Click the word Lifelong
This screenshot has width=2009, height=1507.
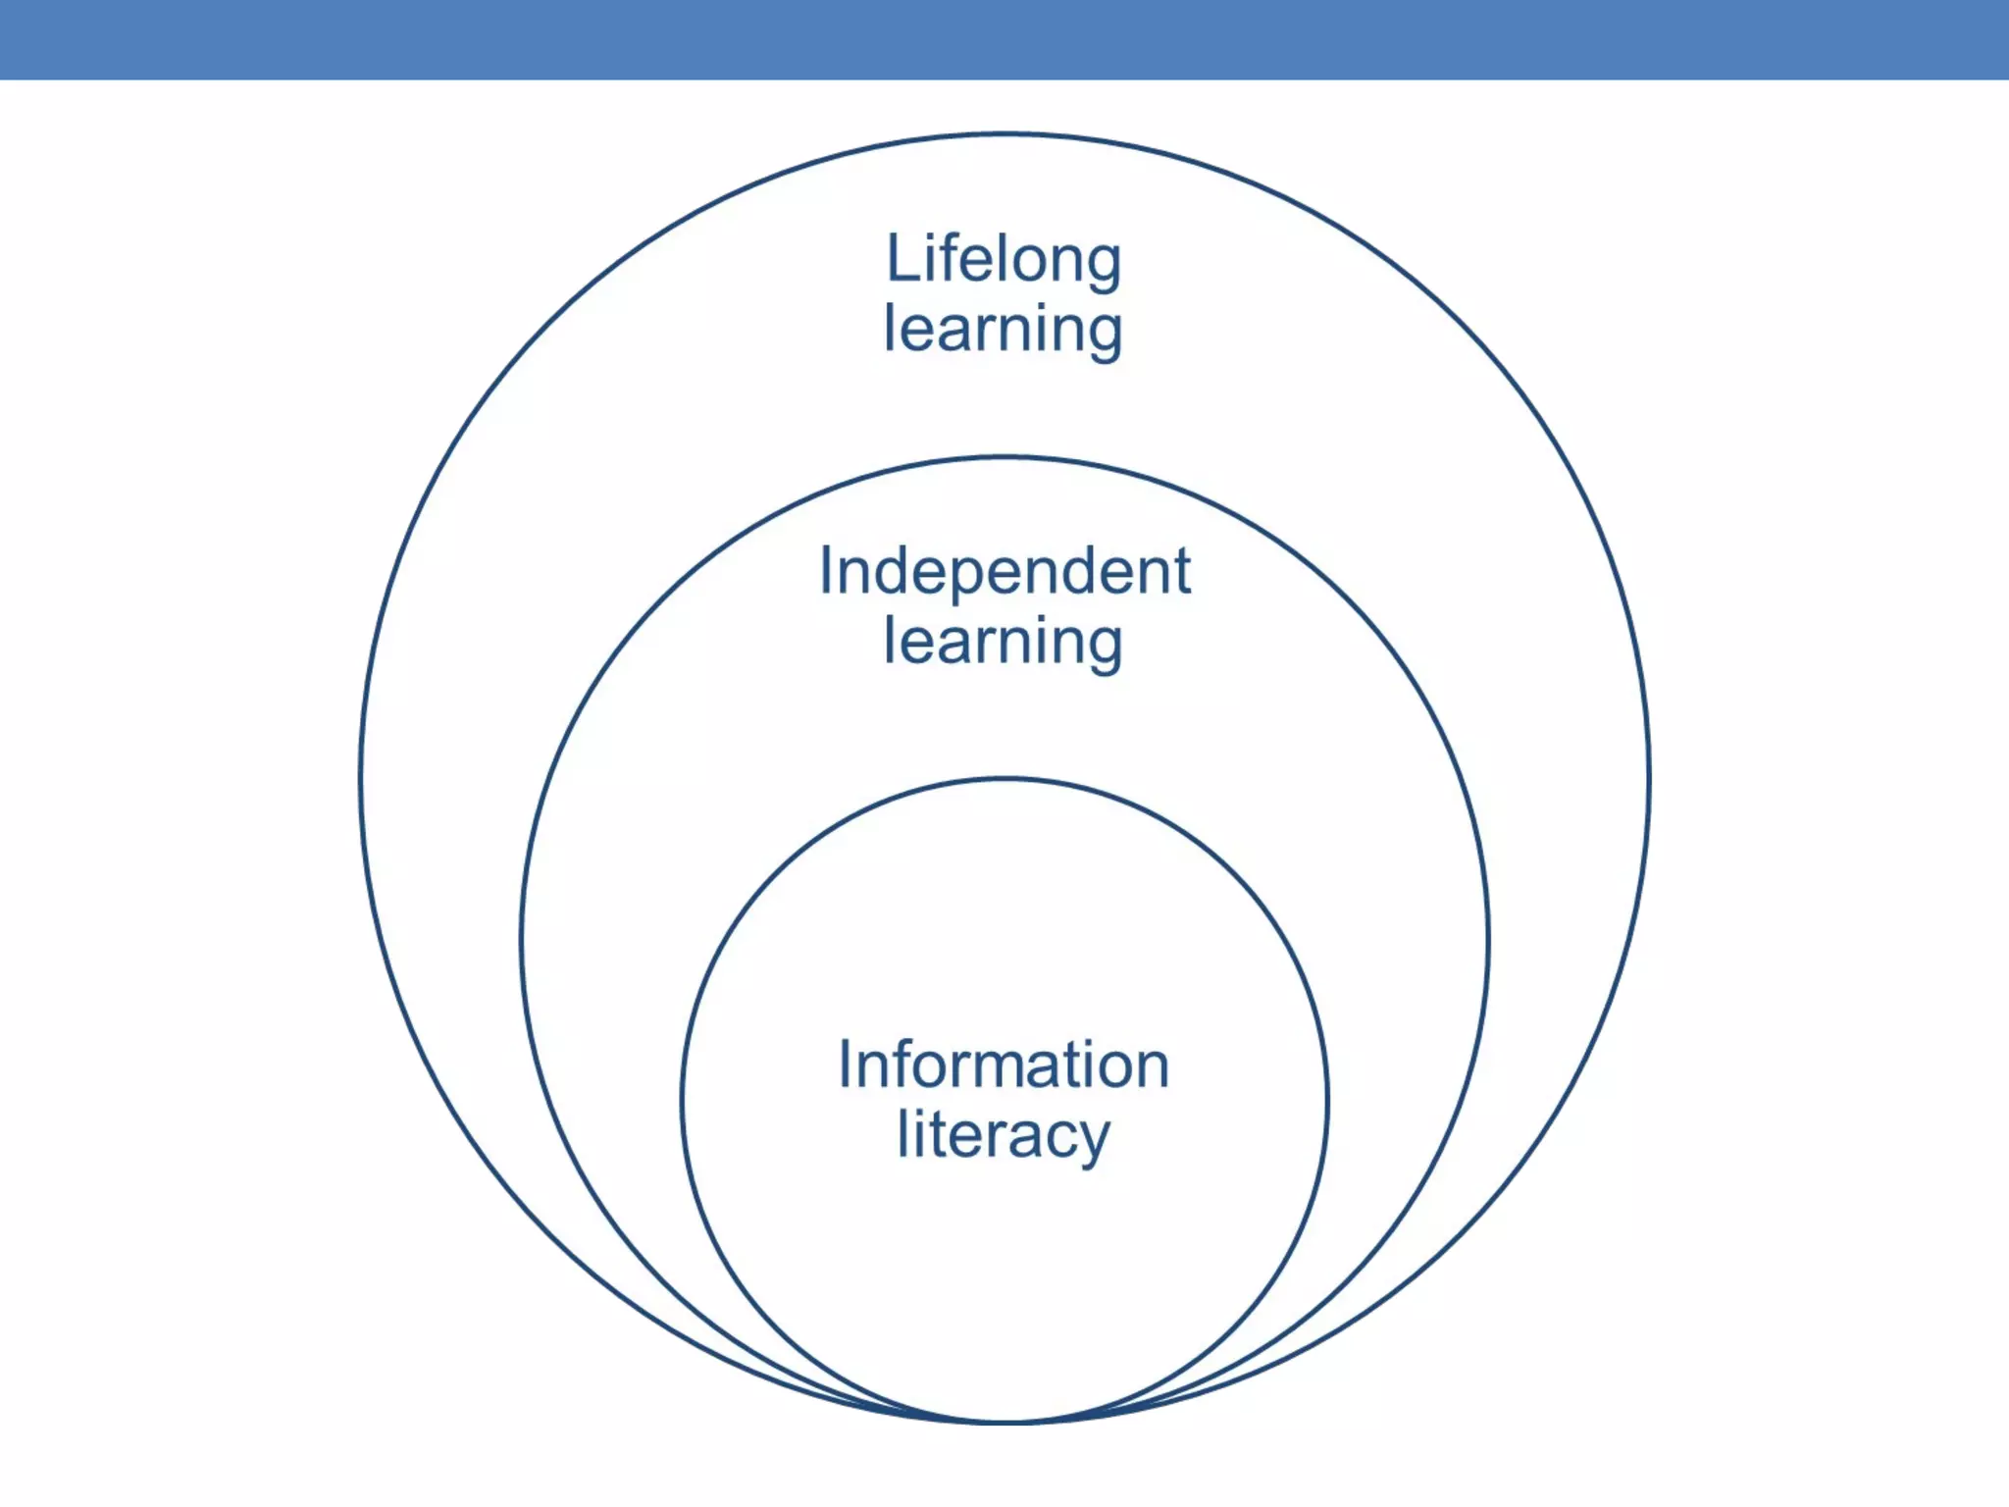pyautogui.click(x=1004, y=260)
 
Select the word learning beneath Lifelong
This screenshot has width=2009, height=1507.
pyautogui.click(x=1004, y=331)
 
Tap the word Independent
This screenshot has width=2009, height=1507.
pyautogui.click(x=1004, y=571)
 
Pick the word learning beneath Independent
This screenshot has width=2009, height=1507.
pyautogui.click(x=1004, y=643)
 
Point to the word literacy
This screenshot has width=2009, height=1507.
pyautogui.click(x=1004, y=1136)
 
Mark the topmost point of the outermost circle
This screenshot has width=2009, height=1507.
pyautogui.click(x=1004, y=134)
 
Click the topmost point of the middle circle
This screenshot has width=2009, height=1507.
pyautogui.click(x=1004, y=457)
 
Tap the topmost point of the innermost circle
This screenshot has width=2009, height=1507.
pyautogui.click(x=1004, y=779)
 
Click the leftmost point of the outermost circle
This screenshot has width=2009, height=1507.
pyautogui.click(x=361, y=778)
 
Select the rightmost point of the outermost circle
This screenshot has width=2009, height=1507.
pyautogui.click(x=1649, y=778)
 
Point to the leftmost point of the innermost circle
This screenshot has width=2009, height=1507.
pyautogui.click(x=683, y=1100)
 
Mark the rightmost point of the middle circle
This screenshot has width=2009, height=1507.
pyautogui.click(x=1488, y=940)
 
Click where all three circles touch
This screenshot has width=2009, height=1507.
pyautogui.click(x=1004, y=1421)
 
